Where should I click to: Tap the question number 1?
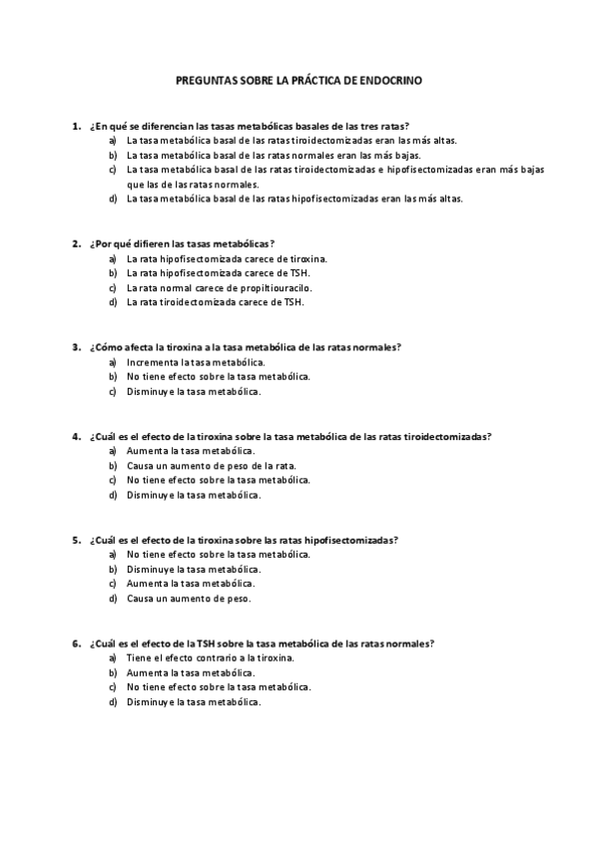[x=76, y=127]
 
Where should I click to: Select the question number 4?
[x=76, y=436]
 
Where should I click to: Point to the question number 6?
[x=76, y=643]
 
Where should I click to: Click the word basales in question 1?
[x=326, y=127]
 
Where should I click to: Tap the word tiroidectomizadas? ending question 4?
[x=443, y=436]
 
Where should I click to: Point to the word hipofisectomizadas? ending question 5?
[x=350, y=540]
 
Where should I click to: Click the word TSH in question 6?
[x=208, y=643]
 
